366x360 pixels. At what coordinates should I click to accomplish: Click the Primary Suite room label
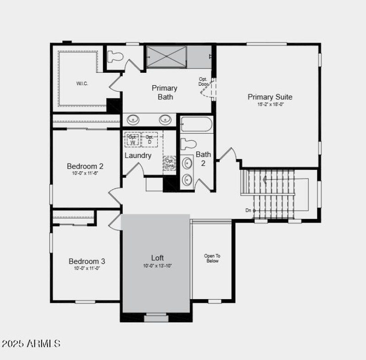269,97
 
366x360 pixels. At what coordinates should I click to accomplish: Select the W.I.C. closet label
82,84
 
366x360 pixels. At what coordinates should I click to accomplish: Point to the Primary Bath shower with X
167,57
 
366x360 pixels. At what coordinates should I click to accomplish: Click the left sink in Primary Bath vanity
133,120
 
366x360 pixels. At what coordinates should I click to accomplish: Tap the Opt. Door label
203,82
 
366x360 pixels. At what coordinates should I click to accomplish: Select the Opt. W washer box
133,140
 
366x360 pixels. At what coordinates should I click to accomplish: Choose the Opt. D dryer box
150,140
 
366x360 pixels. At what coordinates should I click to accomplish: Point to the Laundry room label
138,155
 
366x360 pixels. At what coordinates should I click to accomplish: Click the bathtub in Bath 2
196,125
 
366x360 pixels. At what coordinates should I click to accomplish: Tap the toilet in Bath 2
188,144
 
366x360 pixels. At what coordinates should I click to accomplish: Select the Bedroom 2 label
85,166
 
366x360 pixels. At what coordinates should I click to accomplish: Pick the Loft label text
157,258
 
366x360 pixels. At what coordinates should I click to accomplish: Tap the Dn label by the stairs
248,210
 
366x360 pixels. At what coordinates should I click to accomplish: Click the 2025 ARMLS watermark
31,344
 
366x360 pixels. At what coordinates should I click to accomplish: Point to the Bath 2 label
203,158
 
